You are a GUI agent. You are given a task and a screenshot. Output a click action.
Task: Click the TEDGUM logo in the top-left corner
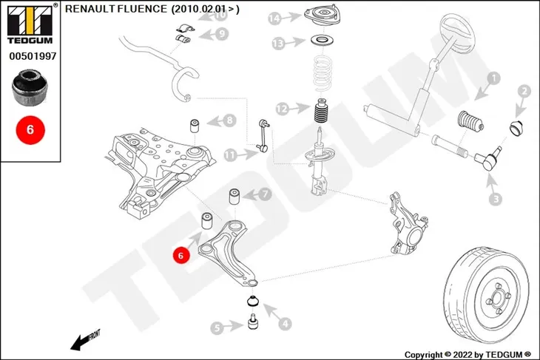tap(30, 24)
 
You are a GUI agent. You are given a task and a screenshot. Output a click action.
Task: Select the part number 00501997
tap(33, 56)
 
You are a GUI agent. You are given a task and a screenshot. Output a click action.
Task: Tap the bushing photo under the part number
tap(30, 88)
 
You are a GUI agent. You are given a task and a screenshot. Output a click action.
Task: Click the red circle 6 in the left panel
tap(30, 130)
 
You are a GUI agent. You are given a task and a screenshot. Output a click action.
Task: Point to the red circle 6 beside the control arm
tap(180, 255)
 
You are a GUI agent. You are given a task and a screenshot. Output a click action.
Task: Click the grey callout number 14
tap(275, 18)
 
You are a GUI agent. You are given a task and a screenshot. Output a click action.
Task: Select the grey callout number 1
tap(493, 78)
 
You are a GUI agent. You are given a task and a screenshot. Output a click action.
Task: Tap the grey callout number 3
tap(496, 199)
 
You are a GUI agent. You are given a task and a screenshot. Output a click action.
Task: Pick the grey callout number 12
tap(282, 109)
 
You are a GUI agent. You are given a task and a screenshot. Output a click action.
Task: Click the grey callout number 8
tap(229, 120)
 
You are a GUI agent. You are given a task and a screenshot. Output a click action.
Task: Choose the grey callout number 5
tap(217, 328)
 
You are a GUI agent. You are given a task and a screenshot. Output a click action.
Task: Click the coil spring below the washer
tap(323, 72)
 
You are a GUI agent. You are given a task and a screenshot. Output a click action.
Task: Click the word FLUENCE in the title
tap(142, 9)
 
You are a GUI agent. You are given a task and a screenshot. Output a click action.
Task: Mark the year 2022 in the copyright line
tap(463, 355)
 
